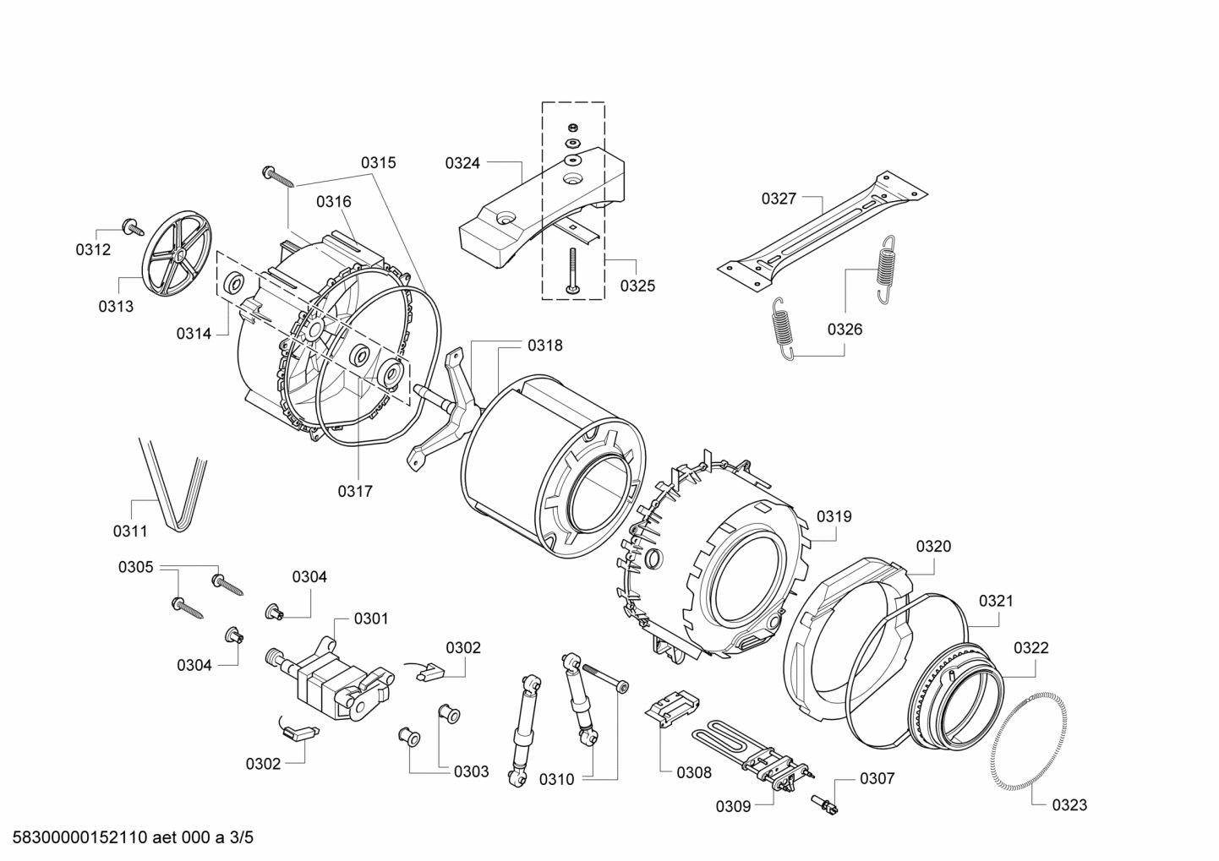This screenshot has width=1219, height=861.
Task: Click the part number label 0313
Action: (x=116, y=307)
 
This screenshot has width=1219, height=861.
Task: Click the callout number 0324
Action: (x=462, y=163)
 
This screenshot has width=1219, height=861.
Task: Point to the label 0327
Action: (x=779, y=199)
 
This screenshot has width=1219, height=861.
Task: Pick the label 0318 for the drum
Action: (x=544, y=345)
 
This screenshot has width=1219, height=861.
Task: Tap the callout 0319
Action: (x=834, y=516)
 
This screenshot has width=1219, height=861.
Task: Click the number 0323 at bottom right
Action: (x=1069, y=805)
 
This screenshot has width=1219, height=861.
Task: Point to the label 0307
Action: (x=877, y=778)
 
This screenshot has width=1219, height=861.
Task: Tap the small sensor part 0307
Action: (x=823, y=804)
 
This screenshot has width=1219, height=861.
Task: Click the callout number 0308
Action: (x=694, y=772)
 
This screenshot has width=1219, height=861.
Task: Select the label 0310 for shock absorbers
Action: (x=557, y=779)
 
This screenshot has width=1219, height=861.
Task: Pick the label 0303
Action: (x=471, y=771)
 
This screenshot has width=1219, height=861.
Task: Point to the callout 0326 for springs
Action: (x=845, y=329)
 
